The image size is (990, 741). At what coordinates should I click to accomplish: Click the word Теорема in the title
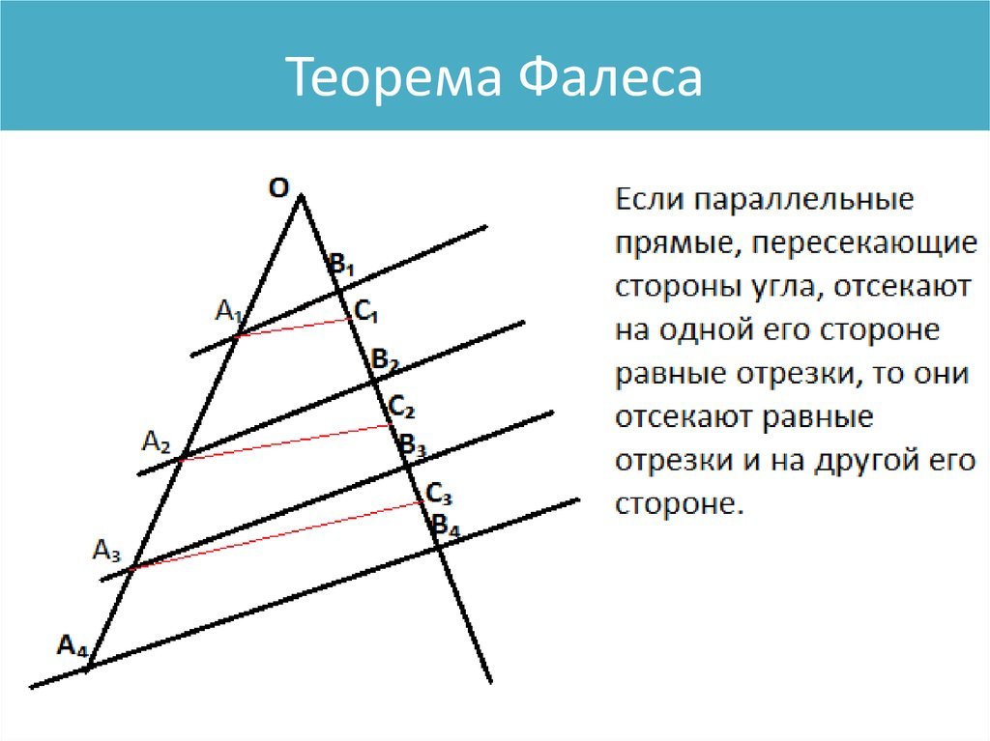pos(394,76)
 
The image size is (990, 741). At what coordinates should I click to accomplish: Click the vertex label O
pos(278,188)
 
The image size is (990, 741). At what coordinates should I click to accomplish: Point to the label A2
pos(156,442)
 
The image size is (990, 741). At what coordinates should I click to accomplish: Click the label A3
pos(106,551)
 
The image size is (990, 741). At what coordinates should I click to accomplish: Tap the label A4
pos(72,645)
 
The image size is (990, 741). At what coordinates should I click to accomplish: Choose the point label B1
pos(341,264)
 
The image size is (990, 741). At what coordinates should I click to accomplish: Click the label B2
pos(385,360)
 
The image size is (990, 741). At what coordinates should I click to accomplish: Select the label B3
pos(413,445)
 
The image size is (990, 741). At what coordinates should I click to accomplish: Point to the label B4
pos(445,526)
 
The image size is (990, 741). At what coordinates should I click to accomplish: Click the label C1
pos(366,311)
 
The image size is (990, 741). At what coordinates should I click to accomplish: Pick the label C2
pos(401,407)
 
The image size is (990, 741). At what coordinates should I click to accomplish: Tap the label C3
pos(439,494)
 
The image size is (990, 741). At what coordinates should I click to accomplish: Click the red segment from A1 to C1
pos(295,328)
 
